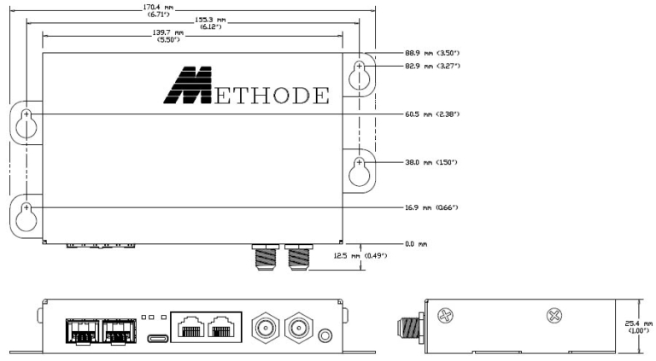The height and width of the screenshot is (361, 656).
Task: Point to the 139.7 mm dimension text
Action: click(168, 36)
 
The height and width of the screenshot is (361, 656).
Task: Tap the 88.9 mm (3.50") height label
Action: click(436, 53)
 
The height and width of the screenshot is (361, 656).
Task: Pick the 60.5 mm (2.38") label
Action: click(436, 114)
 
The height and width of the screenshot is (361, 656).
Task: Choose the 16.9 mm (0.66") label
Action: click(436, 207)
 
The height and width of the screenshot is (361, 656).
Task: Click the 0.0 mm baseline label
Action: click(416, 244)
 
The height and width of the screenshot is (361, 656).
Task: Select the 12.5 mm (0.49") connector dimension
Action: click(364, 255)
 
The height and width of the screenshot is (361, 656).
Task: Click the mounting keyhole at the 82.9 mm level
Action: click(360, 73)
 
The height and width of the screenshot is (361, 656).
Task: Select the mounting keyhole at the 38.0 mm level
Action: click(360, 169)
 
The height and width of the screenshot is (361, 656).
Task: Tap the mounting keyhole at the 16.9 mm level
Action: click(26, 214)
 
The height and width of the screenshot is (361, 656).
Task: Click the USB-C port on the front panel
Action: click(157, 337)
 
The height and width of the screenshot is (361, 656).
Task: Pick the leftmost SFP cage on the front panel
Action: click(82, 331)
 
